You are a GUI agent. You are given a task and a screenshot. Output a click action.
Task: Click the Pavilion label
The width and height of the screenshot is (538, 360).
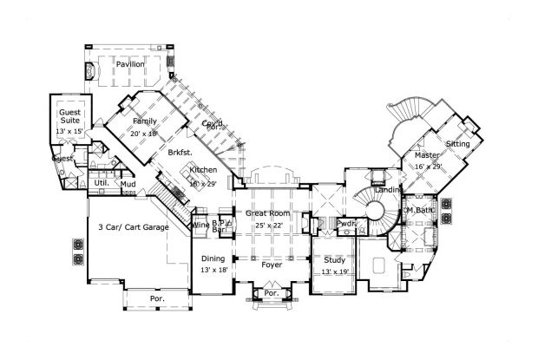pos(131,64)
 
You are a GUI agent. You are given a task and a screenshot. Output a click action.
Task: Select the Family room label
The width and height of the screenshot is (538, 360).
pos(143,121)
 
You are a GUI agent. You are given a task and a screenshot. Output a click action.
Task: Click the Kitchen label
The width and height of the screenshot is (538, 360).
pos(202,170)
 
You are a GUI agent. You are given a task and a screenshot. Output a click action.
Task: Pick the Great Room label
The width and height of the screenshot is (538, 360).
pos(267,213)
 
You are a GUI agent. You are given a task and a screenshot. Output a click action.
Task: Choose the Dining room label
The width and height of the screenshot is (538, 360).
pos(213,259)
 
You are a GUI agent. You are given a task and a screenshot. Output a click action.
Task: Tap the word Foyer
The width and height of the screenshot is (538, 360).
pos(272,267)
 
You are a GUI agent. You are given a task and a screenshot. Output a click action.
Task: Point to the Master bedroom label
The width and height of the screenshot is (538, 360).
pos(428,155)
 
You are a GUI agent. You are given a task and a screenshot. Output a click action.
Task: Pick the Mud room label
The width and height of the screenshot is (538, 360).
pos(127,185)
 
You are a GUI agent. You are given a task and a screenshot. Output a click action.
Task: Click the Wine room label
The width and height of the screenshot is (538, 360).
pos(200,224)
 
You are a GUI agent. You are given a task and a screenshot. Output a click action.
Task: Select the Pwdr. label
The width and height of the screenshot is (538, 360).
pos(346,223)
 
